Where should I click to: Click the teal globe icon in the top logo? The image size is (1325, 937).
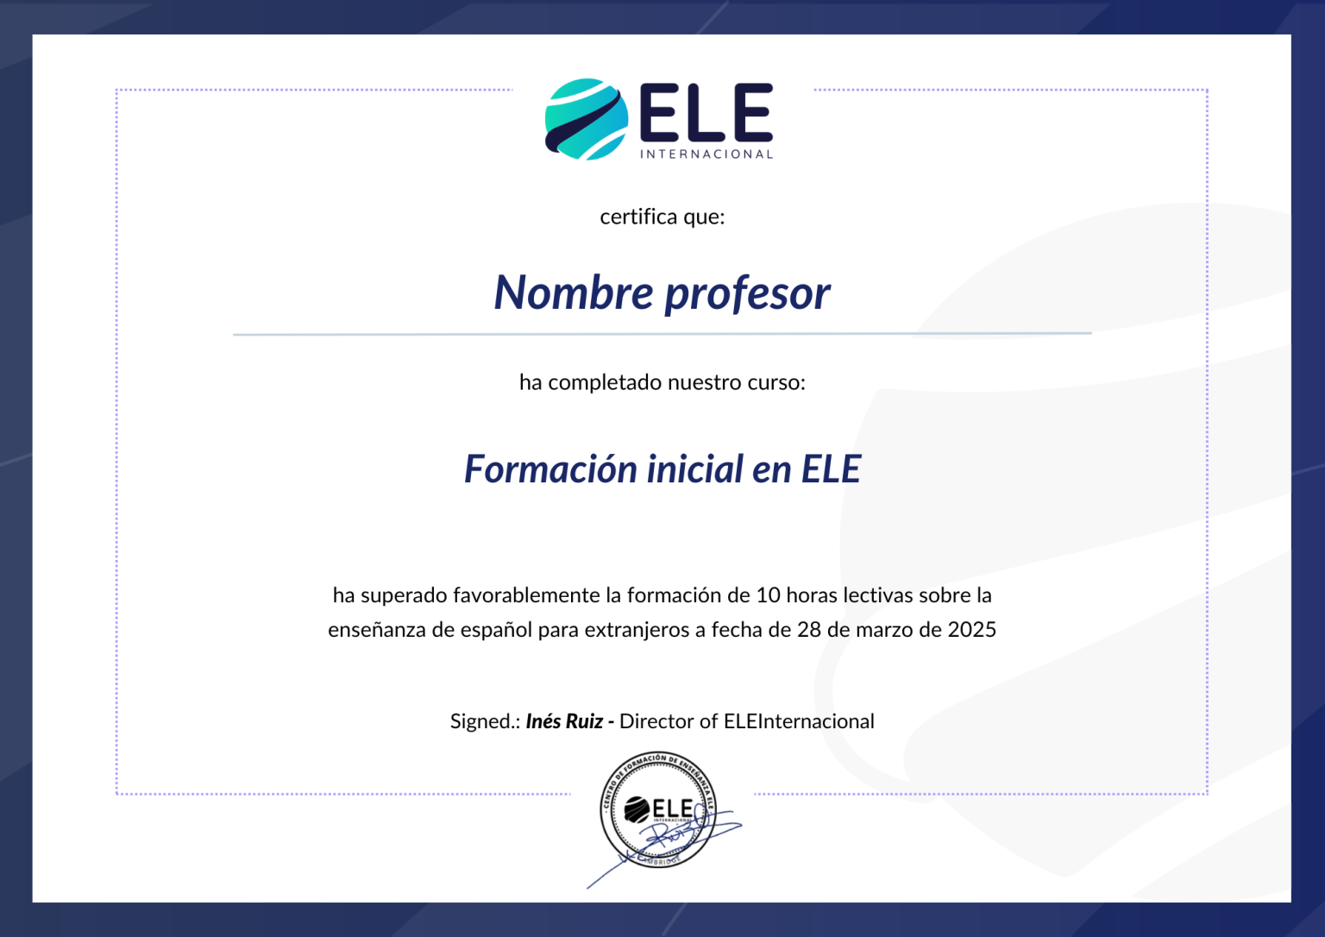[586, 119]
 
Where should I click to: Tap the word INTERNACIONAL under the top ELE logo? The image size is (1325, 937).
[706, 154]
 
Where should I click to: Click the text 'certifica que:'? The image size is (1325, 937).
[662, 217]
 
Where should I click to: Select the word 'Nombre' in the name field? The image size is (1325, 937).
[574, 292]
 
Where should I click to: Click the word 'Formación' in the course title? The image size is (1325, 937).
[550, 469]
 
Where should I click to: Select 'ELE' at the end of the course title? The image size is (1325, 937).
[831, 469]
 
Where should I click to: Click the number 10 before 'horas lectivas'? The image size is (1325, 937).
[768, 595]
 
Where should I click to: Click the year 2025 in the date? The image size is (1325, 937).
[971, 630]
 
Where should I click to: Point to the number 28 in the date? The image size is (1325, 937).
[809, 630]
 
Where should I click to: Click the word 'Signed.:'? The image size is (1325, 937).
[485, 721]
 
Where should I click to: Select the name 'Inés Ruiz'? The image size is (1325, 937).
[564, 721]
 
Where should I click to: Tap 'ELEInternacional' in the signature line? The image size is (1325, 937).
[799, 721]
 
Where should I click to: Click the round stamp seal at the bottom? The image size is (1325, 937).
[658, 808]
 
